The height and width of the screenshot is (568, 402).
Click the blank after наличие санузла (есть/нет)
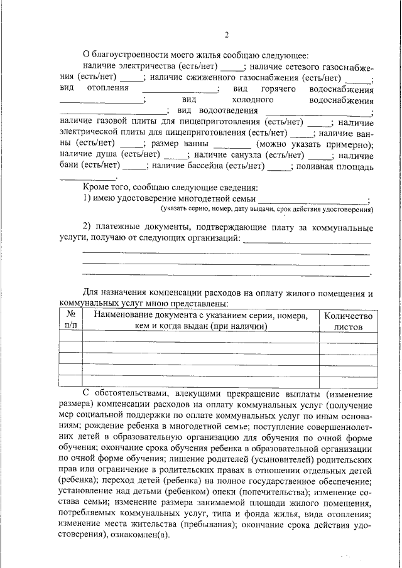321,156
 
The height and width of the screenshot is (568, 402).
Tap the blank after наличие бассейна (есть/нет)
280,168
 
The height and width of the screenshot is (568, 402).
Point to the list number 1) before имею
88,198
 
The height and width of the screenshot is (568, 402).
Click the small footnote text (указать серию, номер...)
266,209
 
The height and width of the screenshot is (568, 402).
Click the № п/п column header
70,321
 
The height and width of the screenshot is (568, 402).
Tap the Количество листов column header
348,321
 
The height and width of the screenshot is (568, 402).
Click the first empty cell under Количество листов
348,338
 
